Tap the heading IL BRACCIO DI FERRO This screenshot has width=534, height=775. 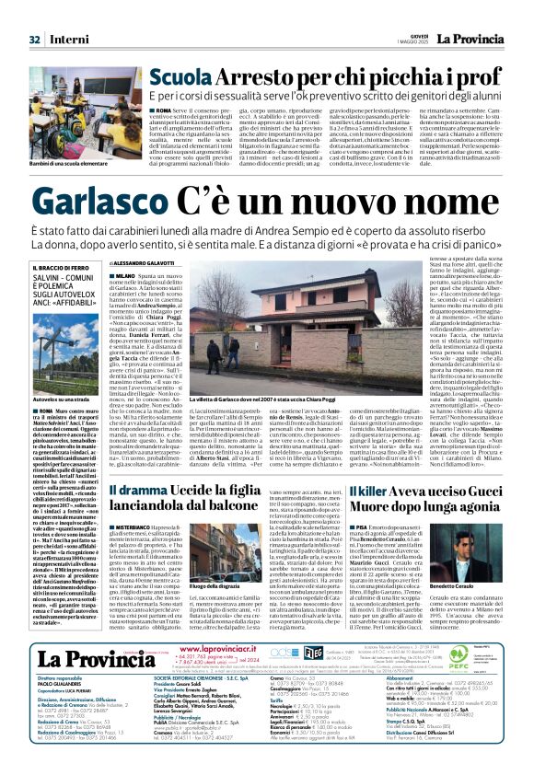pyautogui.click(x=63, y=268)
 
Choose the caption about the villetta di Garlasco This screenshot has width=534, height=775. pyautogui.click(x=249, y=401)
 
